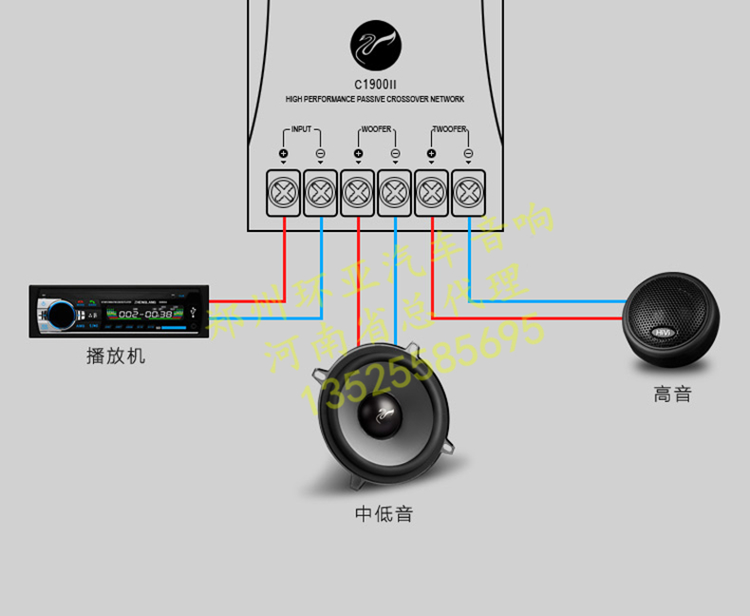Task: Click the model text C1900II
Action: tap(375, 84)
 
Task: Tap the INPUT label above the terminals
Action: tap(301, 129)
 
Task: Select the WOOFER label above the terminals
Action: tap(376, 129)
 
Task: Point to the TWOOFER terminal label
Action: tap(449, 129)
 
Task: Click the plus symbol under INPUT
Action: tap(283, 153)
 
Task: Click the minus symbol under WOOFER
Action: tap(395, 153)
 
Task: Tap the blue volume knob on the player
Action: tap(57, 313)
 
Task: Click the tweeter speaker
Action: tap(671, 319)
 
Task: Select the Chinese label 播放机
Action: tap(116, 356)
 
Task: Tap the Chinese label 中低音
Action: tap(384, 514)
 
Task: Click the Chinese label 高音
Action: tap(672, 393)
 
